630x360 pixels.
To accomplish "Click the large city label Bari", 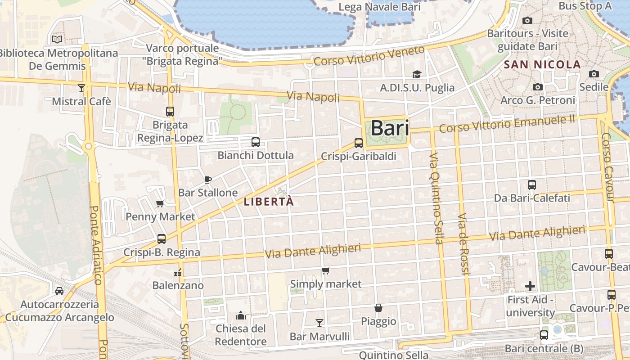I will (390, 128).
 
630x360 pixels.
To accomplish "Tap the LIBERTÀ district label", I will (269, 202).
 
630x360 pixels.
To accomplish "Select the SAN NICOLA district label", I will (542, 65).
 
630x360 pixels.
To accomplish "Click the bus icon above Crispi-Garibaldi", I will (359, 143).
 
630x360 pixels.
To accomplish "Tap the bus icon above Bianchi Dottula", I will (256, 143).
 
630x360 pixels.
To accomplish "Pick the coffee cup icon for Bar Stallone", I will (208, 180).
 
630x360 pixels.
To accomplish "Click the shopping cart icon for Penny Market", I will (160, 204).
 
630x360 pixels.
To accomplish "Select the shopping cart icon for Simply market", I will (326, 271).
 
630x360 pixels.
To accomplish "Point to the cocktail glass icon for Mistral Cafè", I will (81, 88).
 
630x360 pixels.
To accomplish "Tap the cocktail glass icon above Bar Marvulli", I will (319, 323).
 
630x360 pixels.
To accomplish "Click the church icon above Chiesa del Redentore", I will (241, 315).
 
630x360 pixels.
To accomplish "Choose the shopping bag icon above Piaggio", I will (378, 308).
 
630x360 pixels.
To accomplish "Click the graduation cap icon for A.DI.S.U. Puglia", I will (417, 74).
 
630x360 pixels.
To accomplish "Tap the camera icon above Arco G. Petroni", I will (537, 87).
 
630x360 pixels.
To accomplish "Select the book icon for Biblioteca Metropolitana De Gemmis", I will (57, 40).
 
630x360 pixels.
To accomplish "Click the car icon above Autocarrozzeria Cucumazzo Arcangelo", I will (59, 291).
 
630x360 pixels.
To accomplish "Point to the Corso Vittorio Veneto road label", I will (369, 56).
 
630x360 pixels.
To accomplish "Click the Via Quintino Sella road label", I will (436, 198).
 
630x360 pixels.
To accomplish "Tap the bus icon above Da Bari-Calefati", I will (532, 185).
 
